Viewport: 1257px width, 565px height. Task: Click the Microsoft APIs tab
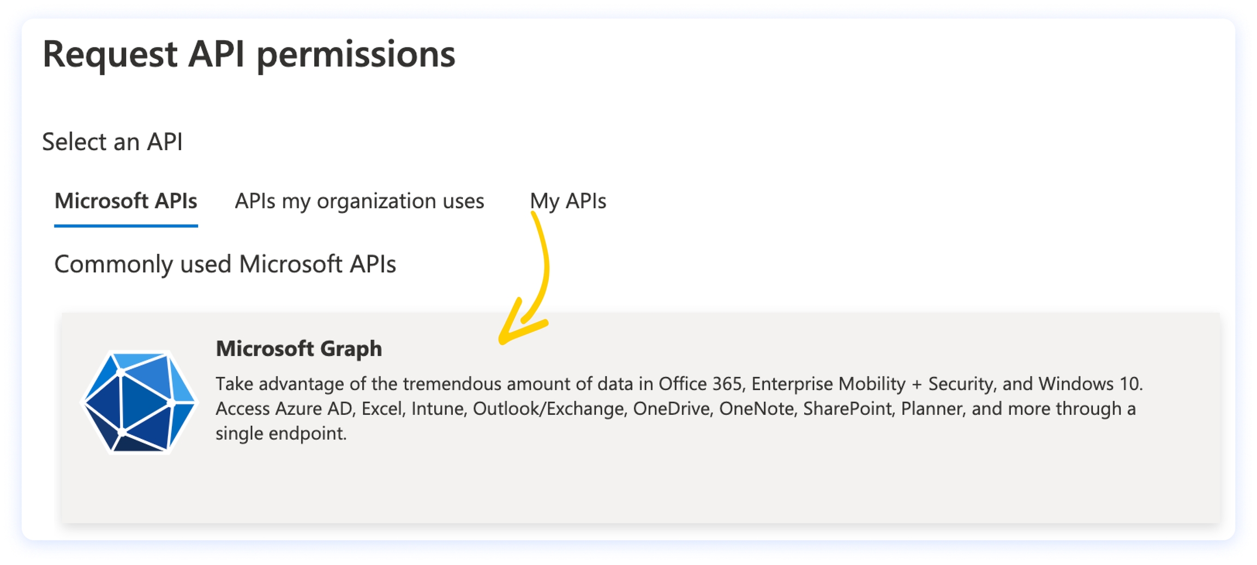[x=125, y=201]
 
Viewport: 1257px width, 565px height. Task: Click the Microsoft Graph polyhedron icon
[x=139, y=402]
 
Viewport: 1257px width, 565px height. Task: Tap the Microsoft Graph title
[x=299, y=349]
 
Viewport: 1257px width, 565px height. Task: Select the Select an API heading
[x=112, y=142]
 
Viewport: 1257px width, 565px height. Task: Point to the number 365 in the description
[x=727, y=384]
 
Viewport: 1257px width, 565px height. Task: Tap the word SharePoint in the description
[x=848, y=409]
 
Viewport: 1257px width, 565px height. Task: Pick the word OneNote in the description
[x=756, y=409]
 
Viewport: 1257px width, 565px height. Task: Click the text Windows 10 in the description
[x=1090, y=384]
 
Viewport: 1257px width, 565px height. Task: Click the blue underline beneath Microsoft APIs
[x=125, y=225]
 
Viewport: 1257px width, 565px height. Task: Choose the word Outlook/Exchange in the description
[x=548, y=409]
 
